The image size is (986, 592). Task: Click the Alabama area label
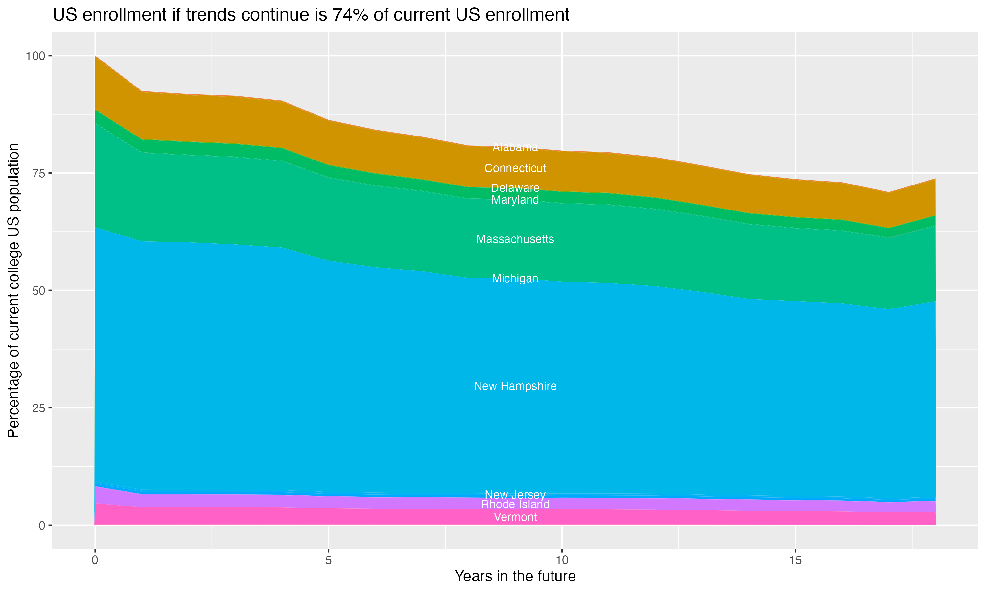click(x=515, y=147)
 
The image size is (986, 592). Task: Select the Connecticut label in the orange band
click(x=515, y=168)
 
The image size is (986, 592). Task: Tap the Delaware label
click(x=515, y=188)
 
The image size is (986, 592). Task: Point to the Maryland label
click(x=515, y=200)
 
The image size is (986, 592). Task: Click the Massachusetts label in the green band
click(x=515, y=239)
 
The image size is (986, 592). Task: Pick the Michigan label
click(x=515, y=279)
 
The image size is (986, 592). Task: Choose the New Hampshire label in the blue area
click(x=515, y=386)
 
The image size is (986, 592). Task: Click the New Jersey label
click(x=515, y=495)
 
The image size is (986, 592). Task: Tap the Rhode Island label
click(x=515, y=505)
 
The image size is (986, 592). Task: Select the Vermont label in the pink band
click(x=515, y=517)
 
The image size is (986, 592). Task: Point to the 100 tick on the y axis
click(x=35, y=56)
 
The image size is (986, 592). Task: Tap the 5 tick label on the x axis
click(x=328, y=560)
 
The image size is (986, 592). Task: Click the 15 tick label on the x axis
click(x=795, y=560)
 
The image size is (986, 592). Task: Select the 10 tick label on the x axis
click(x=562, y=560)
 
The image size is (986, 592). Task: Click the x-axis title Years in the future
click(x=515, y=577)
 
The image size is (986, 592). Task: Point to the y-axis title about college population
click(x=13, y=290)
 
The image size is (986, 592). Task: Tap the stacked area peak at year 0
click(x=95, y=56)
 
